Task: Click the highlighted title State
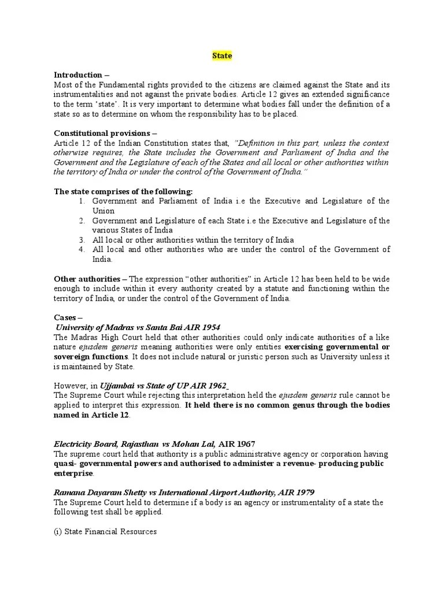(221, 56)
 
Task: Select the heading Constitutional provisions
(101, 133)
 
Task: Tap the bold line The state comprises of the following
(123, 191)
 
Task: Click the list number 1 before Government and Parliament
(82, 201)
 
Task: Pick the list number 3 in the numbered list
(82, 240)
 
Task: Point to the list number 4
(82, 250)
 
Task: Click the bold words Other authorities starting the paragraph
(87, 279)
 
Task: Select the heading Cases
(68, 317)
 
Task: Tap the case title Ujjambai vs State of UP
(148, 386)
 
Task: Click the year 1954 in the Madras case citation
(210, 327)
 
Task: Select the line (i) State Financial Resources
(105, 531)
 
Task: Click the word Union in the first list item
(104, 211)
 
